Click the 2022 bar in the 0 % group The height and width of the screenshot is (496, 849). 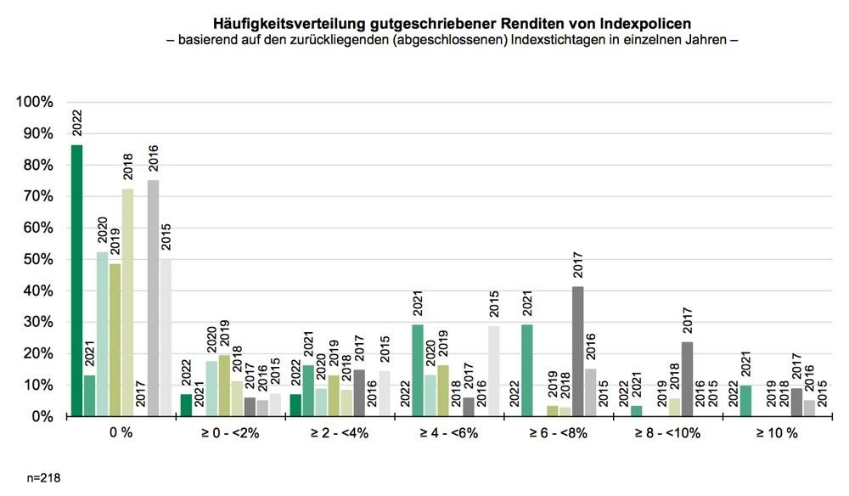click(x=76, y=280)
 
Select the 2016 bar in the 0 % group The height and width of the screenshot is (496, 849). click(x=153, y=297)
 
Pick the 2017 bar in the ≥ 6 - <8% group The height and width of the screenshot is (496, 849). click(x=577, y=352)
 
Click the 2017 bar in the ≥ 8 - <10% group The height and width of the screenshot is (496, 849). click(x=687, y=379)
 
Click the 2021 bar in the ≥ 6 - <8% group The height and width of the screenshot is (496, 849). click(x=527, y=370)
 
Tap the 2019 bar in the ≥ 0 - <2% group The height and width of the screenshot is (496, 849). click(x=224, y=386)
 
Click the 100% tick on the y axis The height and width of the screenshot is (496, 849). click(x=35, y=102)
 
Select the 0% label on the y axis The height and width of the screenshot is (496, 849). click(x=42, y=416)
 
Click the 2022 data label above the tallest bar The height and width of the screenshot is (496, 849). click(x=76, y=124)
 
